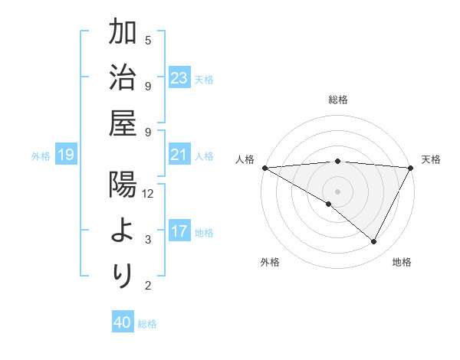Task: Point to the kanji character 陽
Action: coord(123,185)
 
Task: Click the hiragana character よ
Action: coord(123,231)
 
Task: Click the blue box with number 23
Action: coord(179,78)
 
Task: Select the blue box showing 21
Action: coord(179,155)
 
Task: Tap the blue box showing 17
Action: coord(179,231)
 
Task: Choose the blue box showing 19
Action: coord(65,155)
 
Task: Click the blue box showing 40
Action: coord(123,322)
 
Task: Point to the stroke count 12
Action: coord(148,194)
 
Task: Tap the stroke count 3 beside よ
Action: coord(148,240)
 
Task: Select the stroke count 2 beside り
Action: coord(148,286)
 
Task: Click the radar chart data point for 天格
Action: coord(411,168)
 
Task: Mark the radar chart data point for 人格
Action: coord(264,168)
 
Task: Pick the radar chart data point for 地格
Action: coord(374,241)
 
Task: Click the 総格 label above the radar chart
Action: coord(338,100)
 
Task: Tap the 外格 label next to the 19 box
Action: coord(41,156)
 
